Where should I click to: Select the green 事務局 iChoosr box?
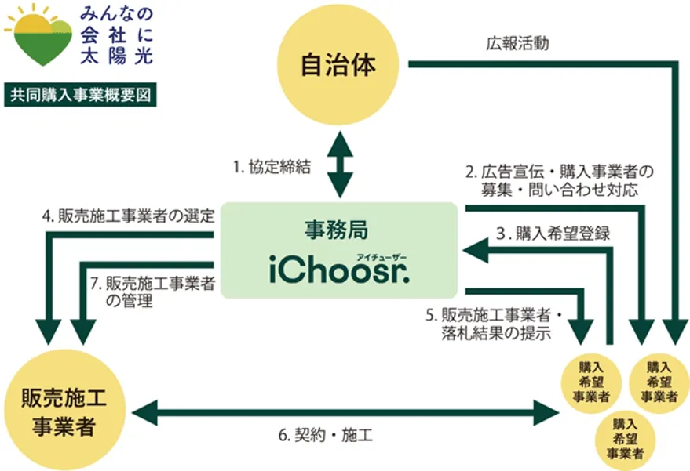pos(338,250)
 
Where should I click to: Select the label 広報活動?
pos(517,44)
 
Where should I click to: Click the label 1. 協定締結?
pos(272,166)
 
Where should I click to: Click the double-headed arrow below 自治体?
pos(339,165)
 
